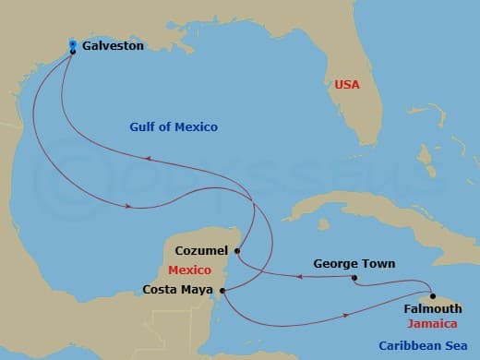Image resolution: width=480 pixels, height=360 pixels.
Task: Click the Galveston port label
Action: point(113,44)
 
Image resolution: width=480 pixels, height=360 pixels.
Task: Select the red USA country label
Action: point(346,84)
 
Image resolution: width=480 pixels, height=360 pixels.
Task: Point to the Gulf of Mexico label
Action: point(174,127)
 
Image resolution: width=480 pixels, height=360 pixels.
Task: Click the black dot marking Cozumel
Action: point(237,250)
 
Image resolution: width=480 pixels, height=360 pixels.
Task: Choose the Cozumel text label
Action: point(202,250)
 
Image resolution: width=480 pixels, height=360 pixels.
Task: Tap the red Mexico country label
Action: point(192,270)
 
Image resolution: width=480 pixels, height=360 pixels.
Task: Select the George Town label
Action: point(354,264)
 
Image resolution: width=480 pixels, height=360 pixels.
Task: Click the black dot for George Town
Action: point(354,277)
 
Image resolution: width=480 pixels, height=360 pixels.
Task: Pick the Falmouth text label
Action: point(433,308)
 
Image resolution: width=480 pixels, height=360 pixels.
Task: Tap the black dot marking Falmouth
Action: point(432,296)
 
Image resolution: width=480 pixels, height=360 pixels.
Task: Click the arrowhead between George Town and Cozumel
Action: point(299,275)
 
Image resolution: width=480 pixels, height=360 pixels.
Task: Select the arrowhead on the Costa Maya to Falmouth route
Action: point(346,316)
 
